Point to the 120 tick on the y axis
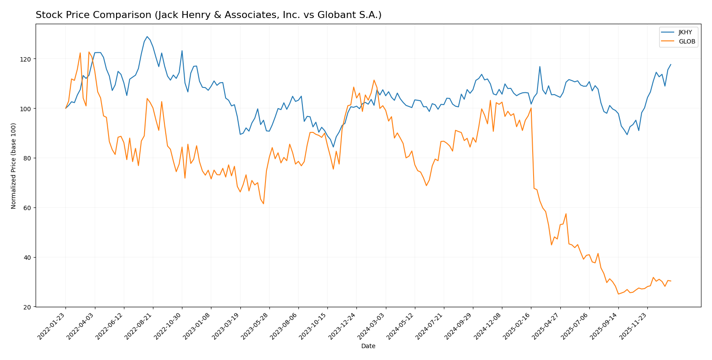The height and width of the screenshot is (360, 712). [x=28, y=59]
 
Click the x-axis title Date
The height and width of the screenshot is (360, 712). [x=368, y=346]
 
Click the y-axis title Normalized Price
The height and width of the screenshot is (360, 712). [x=14, y=166]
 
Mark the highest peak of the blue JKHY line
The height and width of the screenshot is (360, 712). [x=147, y=36]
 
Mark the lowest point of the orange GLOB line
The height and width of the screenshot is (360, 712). [x=618, y=294]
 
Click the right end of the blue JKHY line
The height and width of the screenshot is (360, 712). [x=671, y=65]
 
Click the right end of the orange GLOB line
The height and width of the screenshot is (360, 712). [x=671, y=281]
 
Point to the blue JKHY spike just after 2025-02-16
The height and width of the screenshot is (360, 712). [x=540, y=67]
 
